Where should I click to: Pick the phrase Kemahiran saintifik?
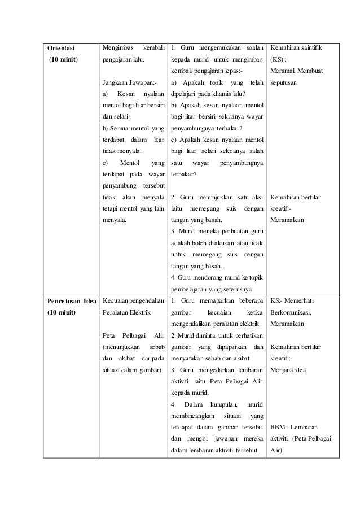[x=297, y=48]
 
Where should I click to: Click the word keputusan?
[x=287, y=82]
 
